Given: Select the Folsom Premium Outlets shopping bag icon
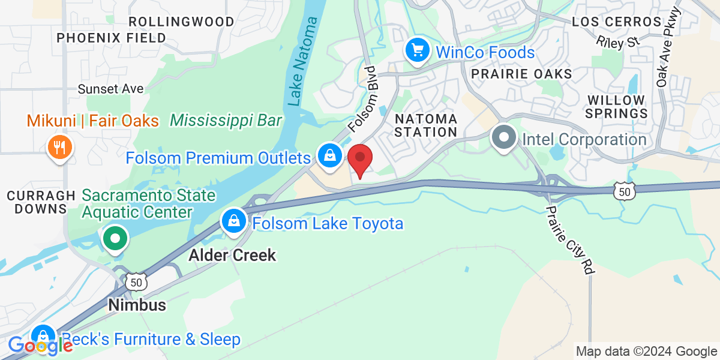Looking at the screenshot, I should pyautogui.click(x=329, y=156).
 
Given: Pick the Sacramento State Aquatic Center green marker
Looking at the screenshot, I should pyautogui.click(x=114, y=239).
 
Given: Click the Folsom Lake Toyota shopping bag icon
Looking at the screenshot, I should pyautogui.click(x=233, y=222).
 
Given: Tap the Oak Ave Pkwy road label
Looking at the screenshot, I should pyautogui.click(x=668, y=46).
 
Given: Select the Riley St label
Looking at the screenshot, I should pyautogui.click(x=618, y=41).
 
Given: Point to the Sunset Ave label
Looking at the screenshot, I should pyautogui.click(x=111, y=89).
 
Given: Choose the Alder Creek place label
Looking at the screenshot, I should pyautogui.click(x=232, y=255).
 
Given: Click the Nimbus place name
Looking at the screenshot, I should pyautogui.click(x=137, y=305).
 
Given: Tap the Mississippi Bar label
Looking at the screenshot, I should pyautogui.click(x=226, y=121).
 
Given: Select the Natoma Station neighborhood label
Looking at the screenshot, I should pyautogui.click(x=426, y=125).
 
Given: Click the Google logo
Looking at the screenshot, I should pyautogui.click(x=40, y=346).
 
